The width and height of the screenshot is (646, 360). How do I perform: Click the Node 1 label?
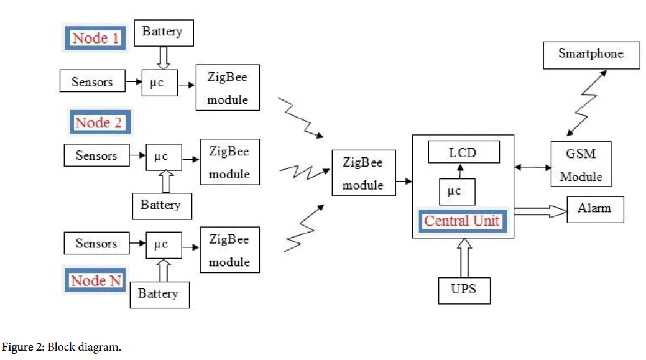(x=96, y=38)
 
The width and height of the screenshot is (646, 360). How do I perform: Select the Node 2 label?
(x=98, y=122)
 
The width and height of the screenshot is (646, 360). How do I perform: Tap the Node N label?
(x=96, y=280)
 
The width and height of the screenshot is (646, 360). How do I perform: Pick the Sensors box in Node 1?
(x=92, y=81)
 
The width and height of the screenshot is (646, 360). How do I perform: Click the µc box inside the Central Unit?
(x=457, y=192)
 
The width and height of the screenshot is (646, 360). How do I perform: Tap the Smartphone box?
(x=590, y=54)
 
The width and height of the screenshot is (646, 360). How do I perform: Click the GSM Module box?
(x=581, y=164)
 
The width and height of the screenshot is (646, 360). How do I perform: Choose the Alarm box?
(x=595, y=208)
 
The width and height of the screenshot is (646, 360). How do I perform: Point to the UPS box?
(x=464, y=288)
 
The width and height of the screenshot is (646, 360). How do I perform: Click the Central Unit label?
(x=461, y=221)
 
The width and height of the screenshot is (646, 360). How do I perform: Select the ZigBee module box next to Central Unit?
(x=363, y=173)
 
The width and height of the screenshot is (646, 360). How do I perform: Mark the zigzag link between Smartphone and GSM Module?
(x=586, y=102)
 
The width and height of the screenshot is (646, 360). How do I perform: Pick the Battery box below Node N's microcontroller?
(x=159, y=293)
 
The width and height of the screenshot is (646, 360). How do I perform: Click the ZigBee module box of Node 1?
(x=227, y=88)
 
